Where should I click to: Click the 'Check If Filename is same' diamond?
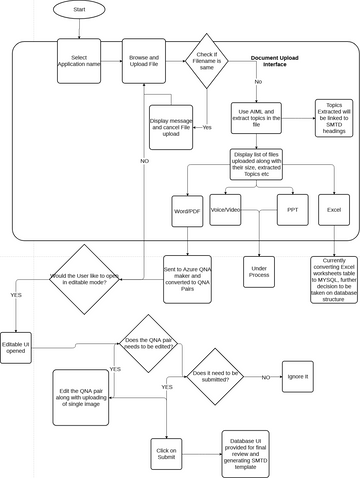(205, 62)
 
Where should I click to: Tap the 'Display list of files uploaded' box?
(258, 161)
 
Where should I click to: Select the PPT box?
(290, 211)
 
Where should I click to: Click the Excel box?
(332, 211)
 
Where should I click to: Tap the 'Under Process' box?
(259, 271)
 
